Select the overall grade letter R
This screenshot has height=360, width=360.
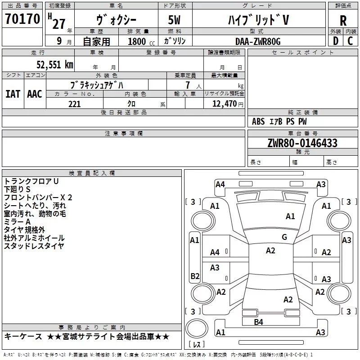[343, 21]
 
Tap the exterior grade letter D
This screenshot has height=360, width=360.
[335, 41]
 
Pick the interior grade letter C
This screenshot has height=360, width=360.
[350, 41]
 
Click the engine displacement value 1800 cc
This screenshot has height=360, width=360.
[140, 41]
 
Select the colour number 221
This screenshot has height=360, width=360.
[74, 104]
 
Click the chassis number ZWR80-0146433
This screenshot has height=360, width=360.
[302, 143]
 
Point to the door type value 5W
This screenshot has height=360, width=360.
[175, 20]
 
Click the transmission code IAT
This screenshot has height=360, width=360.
[12, 94]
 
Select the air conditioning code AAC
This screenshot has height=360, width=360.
[35, 94]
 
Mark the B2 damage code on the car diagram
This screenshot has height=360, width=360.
[195, 276]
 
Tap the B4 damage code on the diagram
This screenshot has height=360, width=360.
[258, 321]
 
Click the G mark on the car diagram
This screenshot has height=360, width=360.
[284, 237]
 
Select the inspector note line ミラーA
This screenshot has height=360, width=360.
[17, 222]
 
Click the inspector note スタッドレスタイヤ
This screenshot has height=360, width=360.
[34, 246]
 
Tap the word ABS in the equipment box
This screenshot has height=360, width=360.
[258, 121]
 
